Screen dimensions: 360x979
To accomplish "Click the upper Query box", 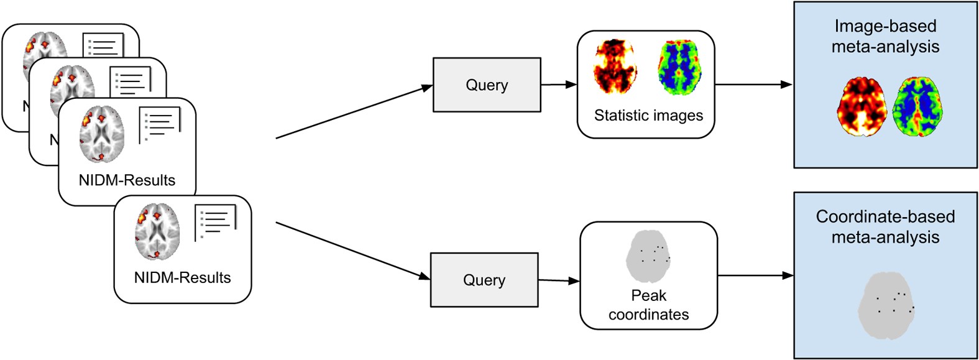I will click(x=487, y=85).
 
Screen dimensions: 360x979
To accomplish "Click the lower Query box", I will click(x=484, y=280).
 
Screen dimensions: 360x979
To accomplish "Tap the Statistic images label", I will click(x=648, y=116).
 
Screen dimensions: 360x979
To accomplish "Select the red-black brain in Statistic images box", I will click(x=615, y=67).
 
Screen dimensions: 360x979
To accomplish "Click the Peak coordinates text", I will click(x=648, y=305).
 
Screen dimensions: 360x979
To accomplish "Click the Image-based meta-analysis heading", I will click(x=885, y=36).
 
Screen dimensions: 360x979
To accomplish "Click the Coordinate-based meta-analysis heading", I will click(x=885, y=227).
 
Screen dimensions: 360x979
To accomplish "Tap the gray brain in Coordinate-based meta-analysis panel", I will click(x=886, y=306).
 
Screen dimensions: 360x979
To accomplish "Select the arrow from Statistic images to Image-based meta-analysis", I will click(x=753, y=85).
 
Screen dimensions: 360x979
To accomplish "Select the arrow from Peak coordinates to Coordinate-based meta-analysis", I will click(x=755, y=275).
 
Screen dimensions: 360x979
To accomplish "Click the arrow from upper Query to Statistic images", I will click(x=558, y=85).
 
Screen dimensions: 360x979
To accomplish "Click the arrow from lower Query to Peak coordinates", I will click(x=558, y=280).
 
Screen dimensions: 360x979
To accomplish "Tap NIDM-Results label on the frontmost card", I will click(x=182, y=278).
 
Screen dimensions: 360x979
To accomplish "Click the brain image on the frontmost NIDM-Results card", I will click(x=157, y=231).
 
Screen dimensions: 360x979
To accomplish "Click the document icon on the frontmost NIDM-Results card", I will click(x=215, y=221).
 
